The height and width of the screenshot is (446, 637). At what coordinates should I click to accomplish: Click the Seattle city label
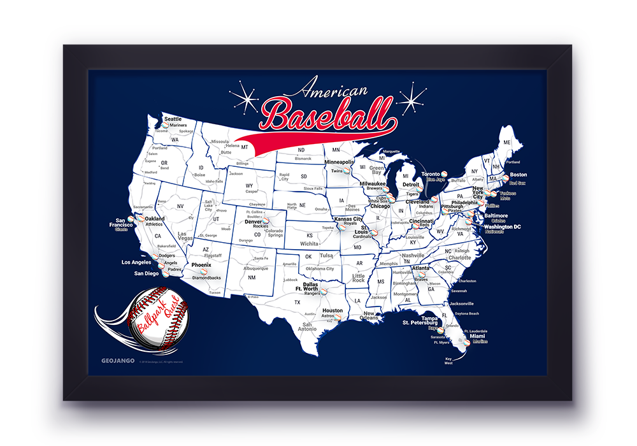pos(173,119)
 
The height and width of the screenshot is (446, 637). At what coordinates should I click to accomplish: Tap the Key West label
pos(449,361)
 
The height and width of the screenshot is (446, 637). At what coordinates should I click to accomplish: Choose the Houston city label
pos(333,311)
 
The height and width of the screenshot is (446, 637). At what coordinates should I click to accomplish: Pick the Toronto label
pos(431,174)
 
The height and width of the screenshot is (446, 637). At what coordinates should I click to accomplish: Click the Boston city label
pos(519,175)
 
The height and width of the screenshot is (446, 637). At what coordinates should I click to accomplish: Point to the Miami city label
pos(480,336)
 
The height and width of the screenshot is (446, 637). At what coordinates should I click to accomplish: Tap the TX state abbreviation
pos(297,302)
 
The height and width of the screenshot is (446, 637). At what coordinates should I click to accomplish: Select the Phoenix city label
pos(201,264)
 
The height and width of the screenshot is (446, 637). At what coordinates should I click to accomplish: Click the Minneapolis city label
pos(338,162)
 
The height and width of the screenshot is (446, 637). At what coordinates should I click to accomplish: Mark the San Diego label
pos(147,273)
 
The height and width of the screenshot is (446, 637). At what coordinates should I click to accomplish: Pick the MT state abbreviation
pos(245,147)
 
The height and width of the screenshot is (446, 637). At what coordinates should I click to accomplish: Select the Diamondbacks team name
pos(206,278)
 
